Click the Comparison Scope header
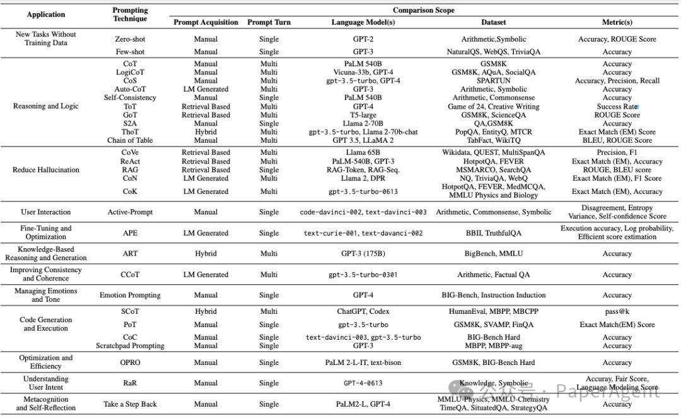[423, 10]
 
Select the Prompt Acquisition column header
[206, 22]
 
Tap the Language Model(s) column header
[363, 22]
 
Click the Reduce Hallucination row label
[46, 170]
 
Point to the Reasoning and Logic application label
[46, 106]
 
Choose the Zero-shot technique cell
[130, 39]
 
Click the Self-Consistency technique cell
[130, 98]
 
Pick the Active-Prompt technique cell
[130, 212]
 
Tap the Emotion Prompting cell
[130, 295]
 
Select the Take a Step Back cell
[130, 404]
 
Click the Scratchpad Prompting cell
[130, 345]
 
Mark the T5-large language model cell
[364, 115]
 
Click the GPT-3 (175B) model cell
[364, 254]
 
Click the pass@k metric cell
[617, 312]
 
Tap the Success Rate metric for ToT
[617, 107]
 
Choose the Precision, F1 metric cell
[617, 152]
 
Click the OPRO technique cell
[130, 362]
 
